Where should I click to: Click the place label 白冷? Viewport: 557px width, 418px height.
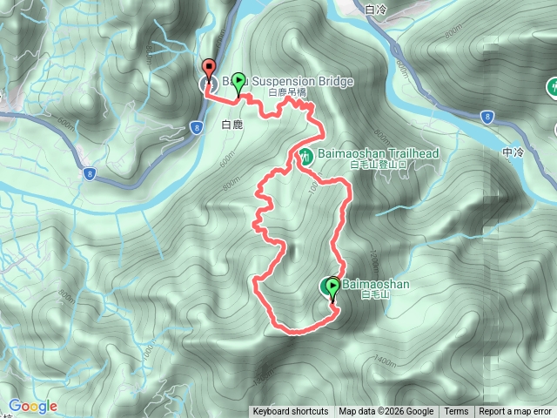377,10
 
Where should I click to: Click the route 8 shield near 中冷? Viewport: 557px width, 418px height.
488,115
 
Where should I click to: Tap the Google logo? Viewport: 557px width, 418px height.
32,406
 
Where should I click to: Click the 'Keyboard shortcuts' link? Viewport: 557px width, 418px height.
290,412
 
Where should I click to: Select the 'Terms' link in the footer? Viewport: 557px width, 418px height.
456,412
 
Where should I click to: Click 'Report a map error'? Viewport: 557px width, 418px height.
515,412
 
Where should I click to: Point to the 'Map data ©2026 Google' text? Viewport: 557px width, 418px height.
386,412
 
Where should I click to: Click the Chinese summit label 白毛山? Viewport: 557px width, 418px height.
372,295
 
